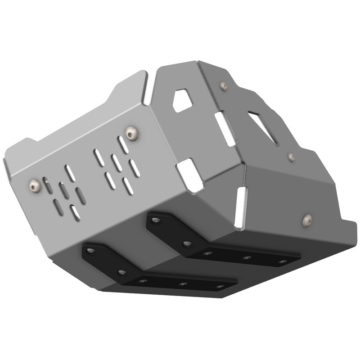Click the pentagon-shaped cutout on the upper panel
pyautogui.click(x=182, y=100)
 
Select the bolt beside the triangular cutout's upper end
pyautogui.click(x=223, y=85)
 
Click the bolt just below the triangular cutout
pyautogui.click(x=292, y=157)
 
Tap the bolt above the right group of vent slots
pyautogui.click(x=131, y=132)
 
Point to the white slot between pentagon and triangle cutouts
pyautogui.click(x=225, y=129)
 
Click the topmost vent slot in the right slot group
pyautogui.click(x=123, y=144)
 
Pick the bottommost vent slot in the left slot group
pyautogui.click(x=75, y=212)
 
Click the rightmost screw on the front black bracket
pyautogui.click(x=219, y=286)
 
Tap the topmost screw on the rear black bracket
pyautogui.click(x=156, y=220)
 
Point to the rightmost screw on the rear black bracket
pyautogui.click(x=282, y=261)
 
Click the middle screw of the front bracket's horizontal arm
pyautogui.click(x=183, y=284)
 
